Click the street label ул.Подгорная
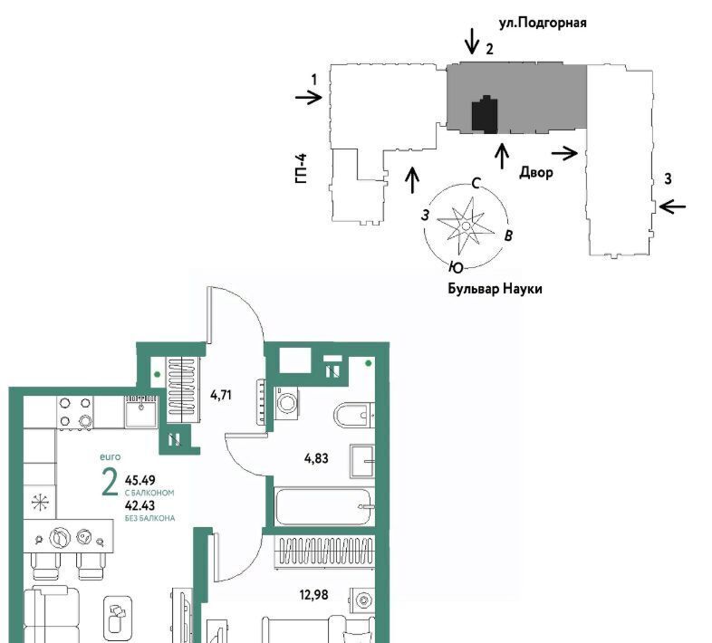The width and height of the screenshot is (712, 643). tap(543, 23)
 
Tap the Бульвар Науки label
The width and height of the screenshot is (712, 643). tap(495, 289)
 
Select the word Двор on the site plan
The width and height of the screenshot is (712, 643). tap(536, 173)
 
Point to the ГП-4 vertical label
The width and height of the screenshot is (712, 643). tap(301, 168)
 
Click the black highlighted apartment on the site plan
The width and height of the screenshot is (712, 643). tap(485, 114)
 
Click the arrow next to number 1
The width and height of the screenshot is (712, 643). tap(309, 97)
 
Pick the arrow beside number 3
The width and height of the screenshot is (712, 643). tap(672, 207)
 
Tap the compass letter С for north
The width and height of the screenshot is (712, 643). tap(476, 184)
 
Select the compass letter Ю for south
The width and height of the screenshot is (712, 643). tap(456, 268)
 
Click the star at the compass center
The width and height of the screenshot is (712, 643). tap(466, 226)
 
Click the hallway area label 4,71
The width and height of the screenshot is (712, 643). tap(221, 395)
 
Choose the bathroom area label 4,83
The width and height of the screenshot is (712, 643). tap(316, 458)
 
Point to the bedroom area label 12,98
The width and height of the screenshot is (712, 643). tap(313, 594)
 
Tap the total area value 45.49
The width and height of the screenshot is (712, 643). tap(140, 480)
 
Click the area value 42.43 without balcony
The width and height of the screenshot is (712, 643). tap(140, 505)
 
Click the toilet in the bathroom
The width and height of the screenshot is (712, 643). tap(354, 415)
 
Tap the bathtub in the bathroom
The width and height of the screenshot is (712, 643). tap(324, 506)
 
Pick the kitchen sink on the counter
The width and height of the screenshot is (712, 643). tap(140, 411)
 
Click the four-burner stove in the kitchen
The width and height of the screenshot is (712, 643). tap(75, 412)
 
